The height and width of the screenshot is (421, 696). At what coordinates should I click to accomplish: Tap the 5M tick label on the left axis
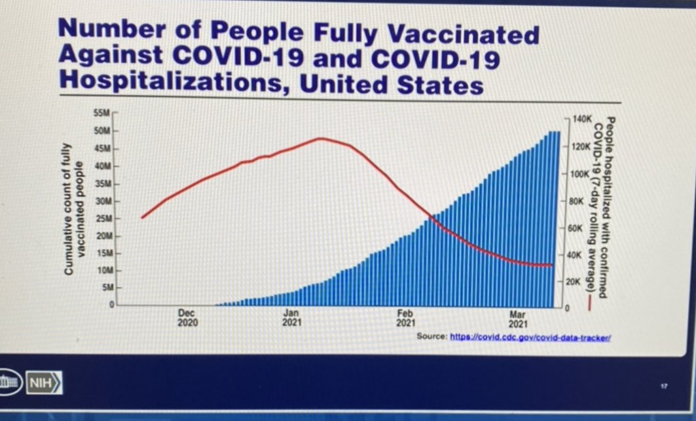[107, 288]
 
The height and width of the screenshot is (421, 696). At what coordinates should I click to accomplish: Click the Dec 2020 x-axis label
[187, 318]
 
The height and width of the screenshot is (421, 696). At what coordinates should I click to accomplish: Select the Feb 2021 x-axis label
[405, 318]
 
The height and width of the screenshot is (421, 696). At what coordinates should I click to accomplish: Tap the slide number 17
[663, 386]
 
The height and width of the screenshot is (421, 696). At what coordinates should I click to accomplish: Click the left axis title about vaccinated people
[74, 209]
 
